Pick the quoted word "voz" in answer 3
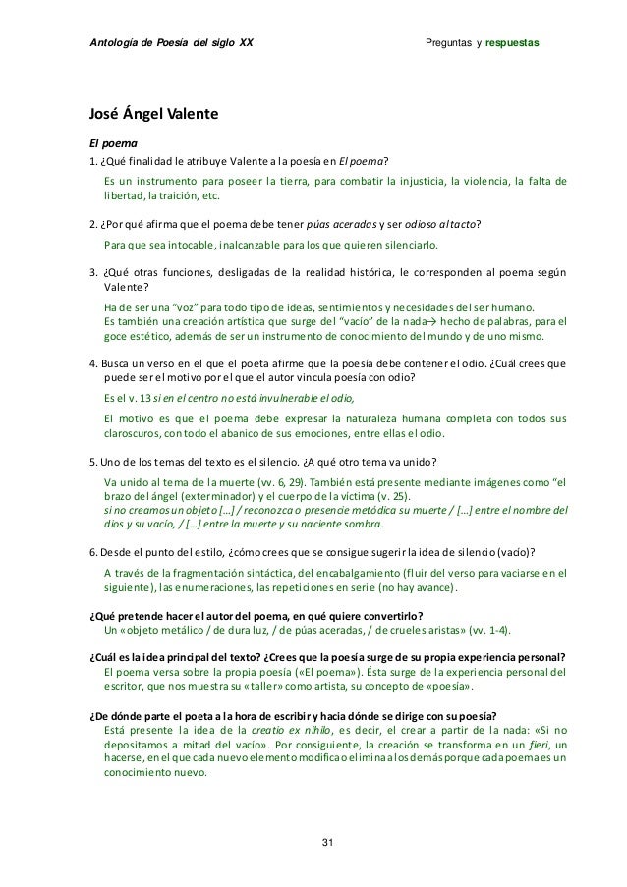coord(185,307)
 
